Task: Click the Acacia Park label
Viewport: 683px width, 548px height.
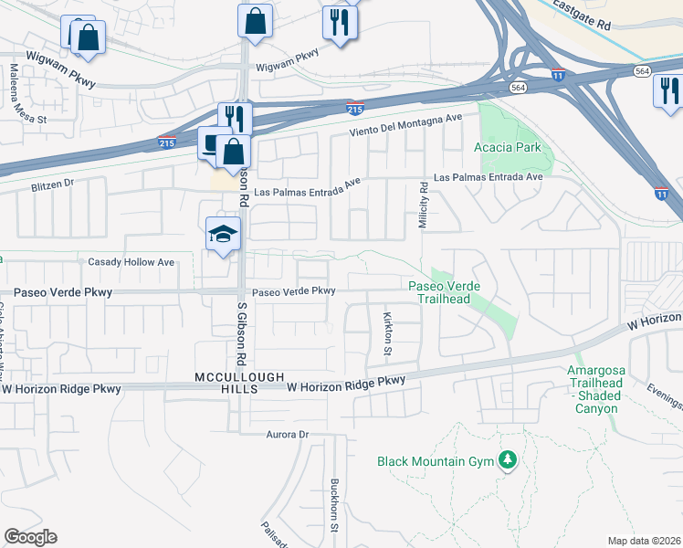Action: (x=507, y=148)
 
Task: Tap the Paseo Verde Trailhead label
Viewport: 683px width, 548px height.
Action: (x=444, y=292)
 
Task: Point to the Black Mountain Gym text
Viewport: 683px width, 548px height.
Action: (x=435, y=461)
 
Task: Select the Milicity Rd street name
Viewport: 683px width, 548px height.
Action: (x=425, y=205)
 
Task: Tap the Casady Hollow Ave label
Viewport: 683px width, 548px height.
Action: (x=131, y=262)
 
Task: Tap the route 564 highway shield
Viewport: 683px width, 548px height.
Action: (x=519, y=88)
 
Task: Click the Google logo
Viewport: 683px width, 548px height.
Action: (x=30, y=537)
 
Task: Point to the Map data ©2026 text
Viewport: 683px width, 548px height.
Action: (x=644, y=541)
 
